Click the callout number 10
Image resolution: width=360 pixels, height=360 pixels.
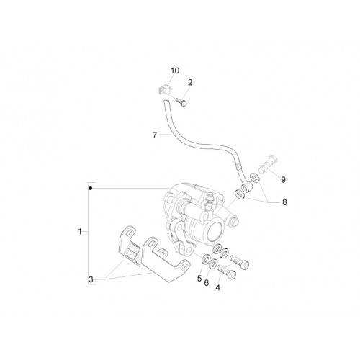click(175, 71)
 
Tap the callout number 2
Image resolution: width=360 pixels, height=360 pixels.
click(190, 83)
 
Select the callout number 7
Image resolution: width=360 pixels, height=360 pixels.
click(155, 135)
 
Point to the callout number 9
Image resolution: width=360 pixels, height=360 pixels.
click(283, 179)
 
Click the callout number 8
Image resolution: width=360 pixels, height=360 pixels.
click(284, 202)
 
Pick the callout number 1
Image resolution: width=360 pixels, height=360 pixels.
click(80, 232)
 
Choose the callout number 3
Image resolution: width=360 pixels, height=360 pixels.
click(91, 279)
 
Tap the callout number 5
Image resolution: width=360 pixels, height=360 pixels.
click(199, 279)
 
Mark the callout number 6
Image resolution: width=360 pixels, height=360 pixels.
click(207, 283)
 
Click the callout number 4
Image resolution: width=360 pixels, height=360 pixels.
click(217, 287)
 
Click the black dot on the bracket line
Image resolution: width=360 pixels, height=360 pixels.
click(90, 189)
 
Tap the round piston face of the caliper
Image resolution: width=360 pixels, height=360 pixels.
click(215, 232)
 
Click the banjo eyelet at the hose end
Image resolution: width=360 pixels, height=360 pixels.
click(246, 188)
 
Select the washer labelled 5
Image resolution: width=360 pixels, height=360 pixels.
click(206, 259)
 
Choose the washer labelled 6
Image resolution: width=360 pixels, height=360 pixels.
click(213, 264)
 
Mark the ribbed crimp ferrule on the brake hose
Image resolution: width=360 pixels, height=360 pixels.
click(238, 166)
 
